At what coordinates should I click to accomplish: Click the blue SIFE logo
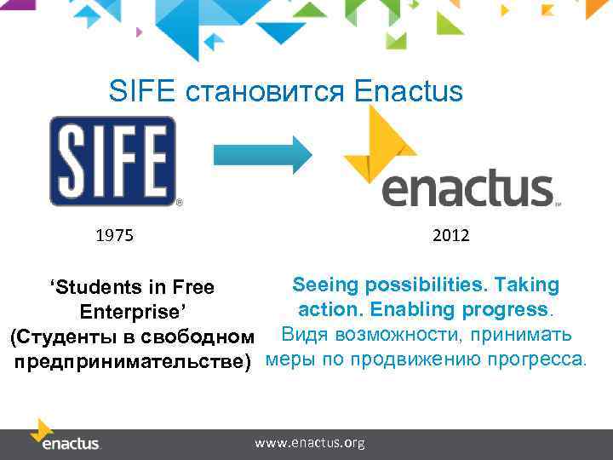(x=112, y=161)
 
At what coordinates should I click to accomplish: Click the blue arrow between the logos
(x=263, y=154)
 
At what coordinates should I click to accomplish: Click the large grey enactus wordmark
(x=467, y=189)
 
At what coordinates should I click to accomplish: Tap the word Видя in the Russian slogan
(x=302, y=333)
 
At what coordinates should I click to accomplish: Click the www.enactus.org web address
(x=310, y=443)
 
